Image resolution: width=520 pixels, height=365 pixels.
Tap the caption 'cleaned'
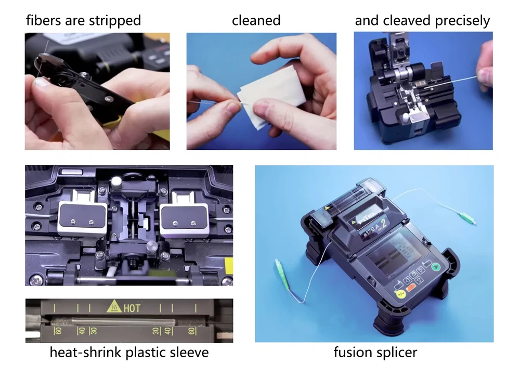click(256, 21)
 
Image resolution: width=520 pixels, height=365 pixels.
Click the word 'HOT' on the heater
click(132, 308)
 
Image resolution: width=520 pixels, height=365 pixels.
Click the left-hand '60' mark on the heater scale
click(58, 331)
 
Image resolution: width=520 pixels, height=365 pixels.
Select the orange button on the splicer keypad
click(409, 286)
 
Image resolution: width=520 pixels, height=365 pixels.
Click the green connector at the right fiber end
click(463, 216)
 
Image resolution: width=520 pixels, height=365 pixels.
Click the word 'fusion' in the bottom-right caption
click(352, 353)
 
